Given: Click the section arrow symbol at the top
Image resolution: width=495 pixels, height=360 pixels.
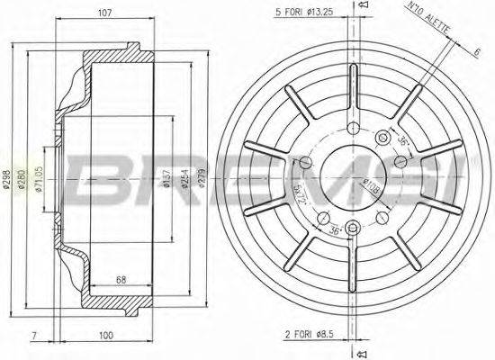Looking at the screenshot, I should (x=363, y=7).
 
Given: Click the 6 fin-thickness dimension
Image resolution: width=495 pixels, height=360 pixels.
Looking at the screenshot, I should (x=474, y=52).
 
